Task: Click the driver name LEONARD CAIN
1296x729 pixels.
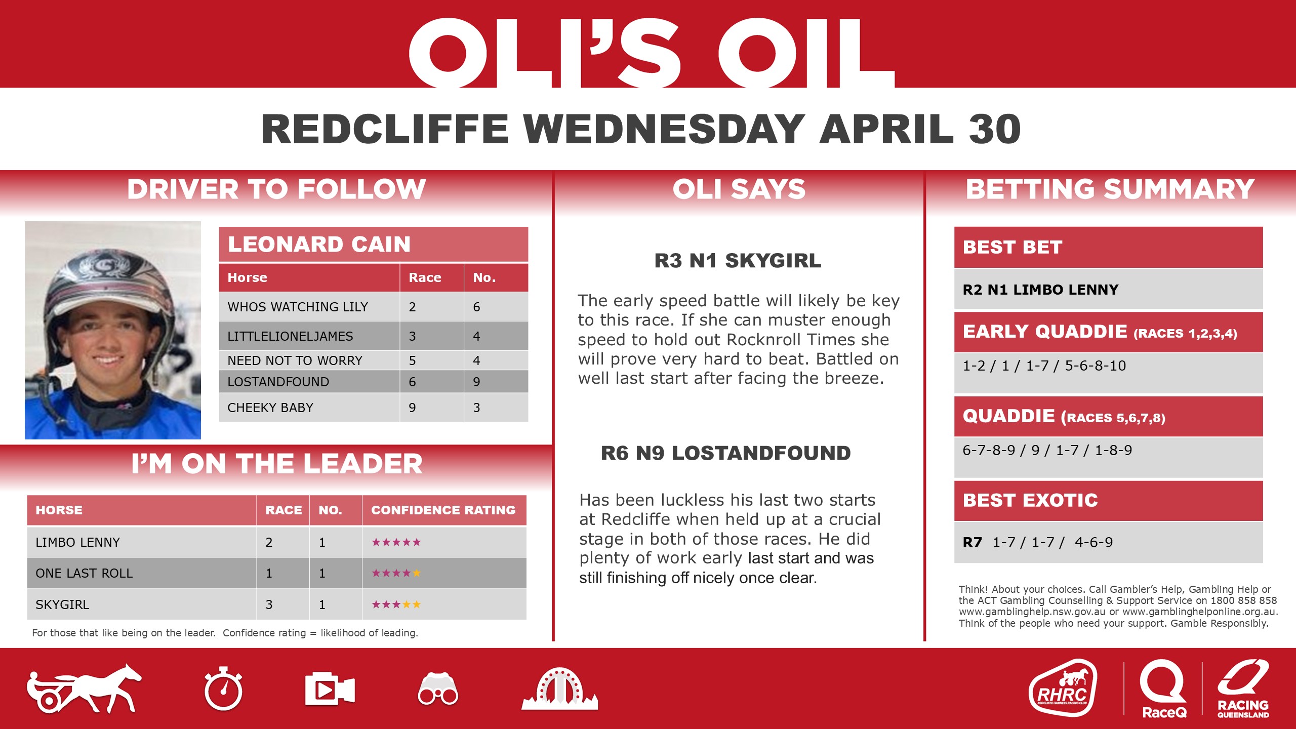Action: tap(319, 245)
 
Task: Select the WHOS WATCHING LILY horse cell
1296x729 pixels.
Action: tap(298, 307)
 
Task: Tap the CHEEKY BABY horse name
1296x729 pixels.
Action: tap(270, 408)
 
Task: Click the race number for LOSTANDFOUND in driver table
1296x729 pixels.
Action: tap(412, 382)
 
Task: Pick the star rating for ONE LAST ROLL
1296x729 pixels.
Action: tap(396, 573)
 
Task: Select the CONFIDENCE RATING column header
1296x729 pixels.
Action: tap(443, 510)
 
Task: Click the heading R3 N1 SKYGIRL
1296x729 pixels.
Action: tap(738, 261)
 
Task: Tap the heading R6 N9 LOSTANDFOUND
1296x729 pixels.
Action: tap(725, 453)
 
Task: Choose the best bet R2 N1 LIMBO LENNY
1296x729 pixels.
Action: tap(1040, 290)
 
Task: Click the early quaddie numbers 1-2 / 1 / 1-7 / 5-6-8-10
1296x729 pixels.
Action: tap(1044, 366)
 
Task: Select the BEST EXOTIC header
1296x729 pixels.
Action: tap(1030, 500)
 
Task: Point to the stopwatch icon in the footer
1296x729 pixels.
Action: tap(223, 690)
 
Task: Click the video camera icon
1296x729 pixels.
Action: tap(329, 690)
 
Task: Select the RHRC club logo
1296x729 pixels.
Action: tap(1063, 688)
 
